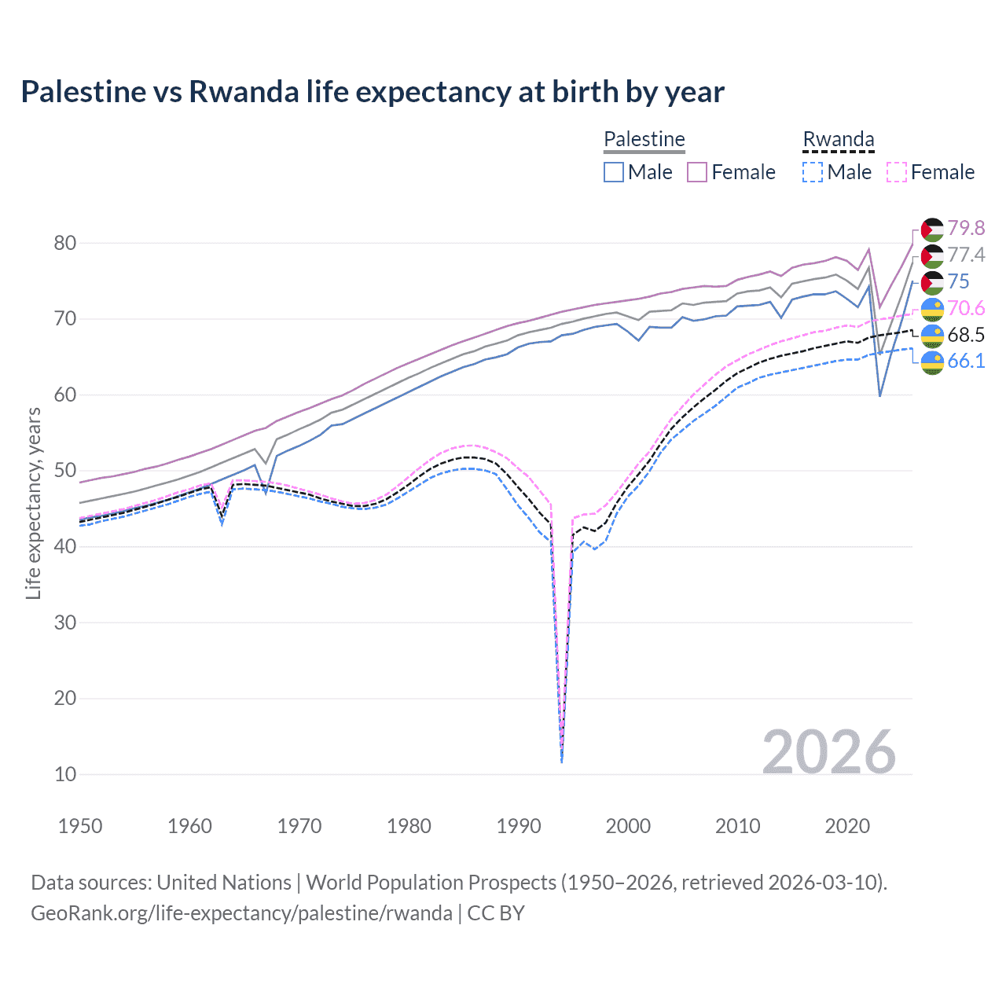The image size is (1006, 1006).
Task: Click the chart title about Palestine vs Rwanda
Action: [x=372, y=92]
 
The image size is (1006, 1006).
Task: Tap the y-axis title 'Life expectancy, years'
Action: [x=33, y=503]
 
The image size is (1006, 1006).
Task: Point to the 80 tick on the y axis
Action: [x=65, y=243]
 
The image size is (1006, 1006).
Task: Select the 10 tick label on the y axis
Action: [x=65, y=774]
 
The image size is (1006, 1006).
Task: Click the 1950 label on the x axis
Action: [x=80, y=826]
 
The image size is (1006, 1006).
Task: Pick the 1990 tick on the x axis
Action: [x=519, y=826]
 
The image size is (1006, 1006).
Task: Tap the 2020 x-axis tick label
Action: [x=847, y=826]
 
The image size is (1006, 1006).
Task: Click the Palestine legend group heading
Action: [x=644, y=139]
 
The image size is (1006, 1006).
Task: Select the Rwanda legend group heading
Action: [x=838, y=139]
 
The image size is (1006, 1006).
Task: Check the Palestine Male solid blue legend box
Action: [x=614, y=172]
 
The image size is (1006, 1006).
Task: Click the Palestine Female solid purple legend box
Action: [x=697, y=172]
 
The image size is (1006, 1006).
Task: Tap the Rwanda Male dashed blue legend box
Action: [x=813, y=172]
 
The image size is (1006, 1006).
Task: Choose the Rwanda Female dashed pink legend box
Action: [x=896, y=172]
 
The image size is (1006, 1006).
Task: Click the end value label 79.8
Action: [x=966, y=228]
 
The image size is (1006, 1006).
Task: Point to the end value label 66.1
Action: [x=966, y=362]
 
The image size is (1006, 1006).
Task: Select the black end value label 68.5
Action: [x=966, y=335]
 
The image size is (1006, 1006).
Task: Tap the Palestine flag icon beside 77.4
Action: [x=932, y=255]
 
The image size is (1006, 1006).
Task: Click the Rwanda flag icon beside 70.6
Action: [x=932, y=309]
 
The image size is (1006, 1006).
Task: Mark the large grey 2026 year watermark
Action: [x=829, y=752]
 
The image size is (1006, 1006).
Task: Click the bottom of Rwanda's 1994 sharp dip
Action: [x=561, y=761]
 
